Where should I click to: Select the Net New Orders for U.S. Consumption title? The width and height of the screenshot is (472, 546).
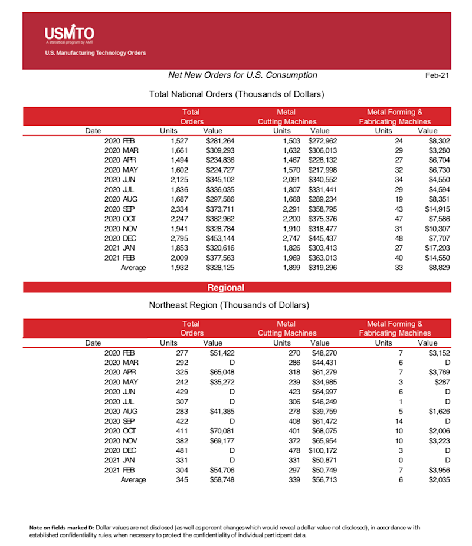pyautogui.click(x=242, y=75)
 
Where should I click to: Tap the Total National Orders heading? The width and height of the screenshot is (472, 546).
pyautogui.click(x=237, y=94)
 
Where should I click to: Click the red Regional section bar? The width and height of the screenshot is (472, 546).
pyautogui.click(x=237, y=288)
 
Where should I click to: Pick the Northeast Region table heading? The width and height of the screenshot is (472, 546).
pyautogui.click(x=229, y=305)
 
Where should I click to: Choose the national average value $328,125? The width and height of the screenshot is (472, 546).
pyautogui.click(x=220, y=268)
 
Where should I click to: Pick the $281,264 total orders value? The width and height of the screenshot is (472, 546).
pyautogui.click(x=220, y=141)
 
